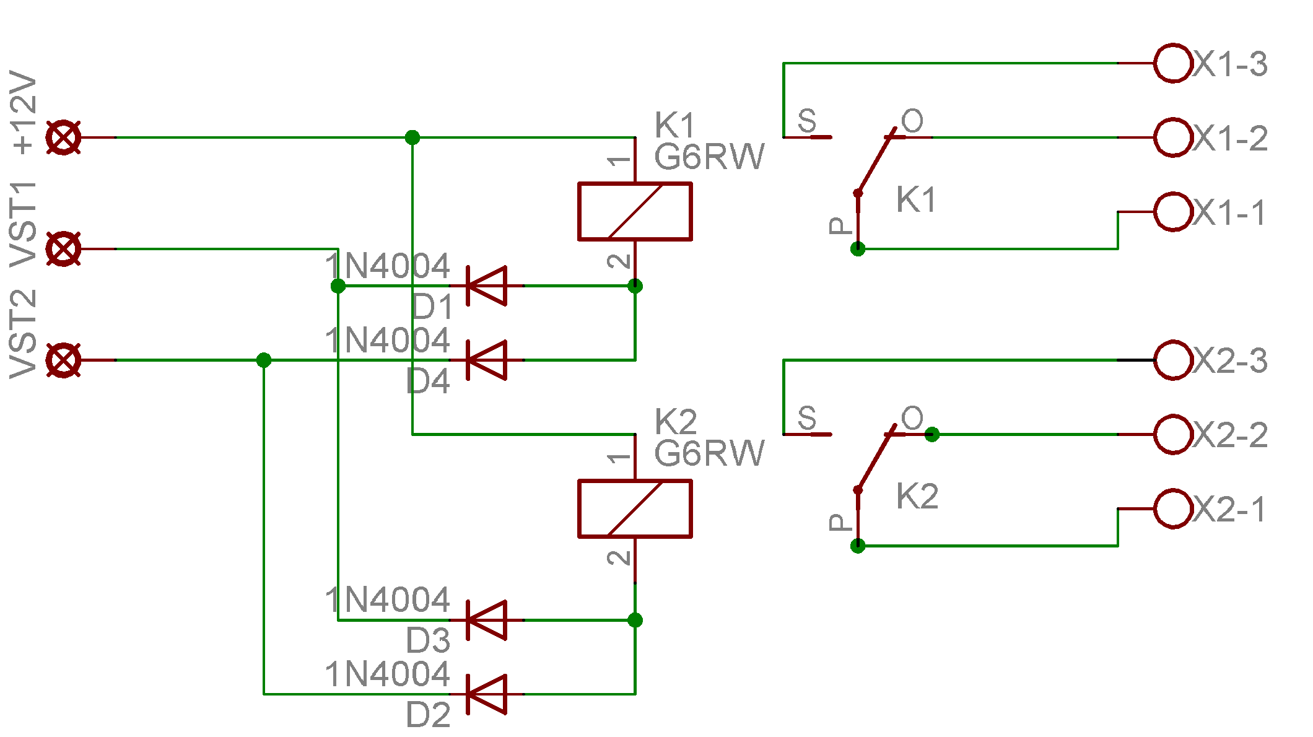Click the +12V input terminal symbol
pyautogui.click(x=63, y=137)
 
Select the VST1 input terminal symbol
pyautogui.click(x=63, y=249)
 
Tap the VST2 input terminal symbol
pyautogui.click(x=63, y=360)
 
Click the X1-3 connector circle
pyautogui.click(x=1173, y=63)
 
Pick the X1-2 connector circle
pyautogui.click(x=1173, y=137)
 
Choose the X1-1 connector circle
pyautogui.click(x=1173, y=212)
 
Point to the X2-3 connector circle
pyautogui.click(x=1173, y=360)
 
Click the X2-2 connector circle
pyautogui.click(x=1173, y=434)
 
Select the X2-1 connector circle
pyautogui.click(x=1173, y=508)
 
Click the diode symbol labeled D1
pyautogui.click(x=487, y=286)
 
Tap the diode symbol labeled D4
pyautogui.click(x=487, y=360)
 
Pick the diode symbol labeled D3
pyautogui.click(x=487, y=620)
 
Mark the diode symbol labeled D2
pyautogui.click(x=487, y=694)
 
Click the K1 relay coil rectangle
pyautogui.click(x=635, y=211)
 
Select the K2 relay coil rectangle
pyautogui.click(x=635, y=508)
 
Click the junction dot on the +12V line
pyautogui.click(x=412, y=137)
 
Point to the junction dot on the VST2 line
pyautogui.click(x=264, y=360)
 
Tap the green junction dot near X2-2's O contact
pyautogui.click(x=932, y=435)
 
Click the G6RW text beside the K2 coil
pyautogui.click(x=709, y=453)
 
